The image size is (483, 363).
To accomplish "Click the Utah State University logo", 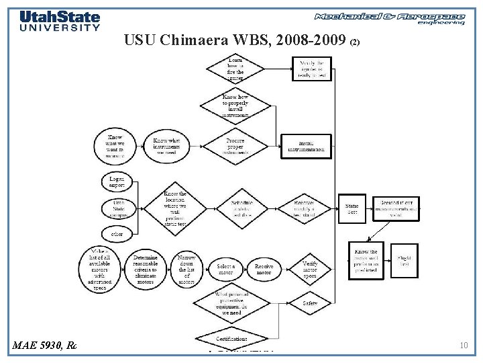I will tap(60, 21).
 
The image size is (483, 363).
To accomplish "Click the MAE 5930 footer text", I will tap(44, 346).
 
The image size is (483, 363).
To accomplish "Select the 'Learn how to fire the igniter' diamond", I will tap(235, 69).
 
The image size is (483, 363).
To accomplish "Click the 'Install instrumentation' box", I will tap(305, 145).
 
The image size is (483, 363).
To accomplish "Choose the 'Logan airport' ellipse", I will tap(117, 182).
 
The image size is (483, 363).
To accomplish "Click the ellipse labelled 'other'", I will tap(117, 234).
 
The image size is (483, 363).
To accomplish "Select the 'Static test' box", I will tap(352, 208).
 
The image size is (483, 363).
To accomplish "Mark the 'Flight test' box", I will tap(404, 261).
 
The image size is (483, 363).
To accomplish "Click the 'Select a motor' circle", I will tap(226, 270).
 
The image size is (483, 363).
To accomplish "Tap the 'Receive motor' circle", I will tap(264, 270).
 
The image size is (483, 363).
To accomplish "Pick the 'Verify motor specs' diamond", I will tap(309, 270).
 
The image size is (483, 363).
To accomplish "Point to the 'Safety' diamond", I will tap(309, 303).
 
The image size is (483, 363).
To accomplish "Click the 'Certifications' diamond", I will tap(231, 338).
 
